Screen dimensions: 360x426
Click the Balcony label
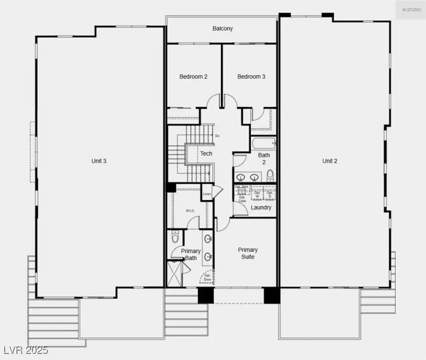tap(222, 29)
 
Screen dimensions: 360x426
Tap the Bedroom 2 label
tap(194, 77)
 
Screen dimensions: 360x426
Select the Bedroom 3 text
tap(251, 77)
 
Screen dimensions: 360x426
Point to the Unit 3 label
tap(99, 161)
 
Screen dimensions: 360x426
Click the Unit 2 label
tap(330, 161)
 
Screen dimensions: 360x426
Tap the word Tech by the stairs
tap(206, 154)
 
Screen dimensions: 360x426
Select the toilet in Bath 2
tap(270, 176)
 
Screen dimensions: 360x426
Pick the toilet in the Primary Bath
tap(175, 236)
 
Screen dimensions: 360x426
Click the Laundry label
tap(261, 208)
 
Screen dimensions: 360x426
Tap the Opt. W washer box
tap(257, 193)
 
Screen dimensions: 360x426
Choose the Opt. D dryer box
tap(270, 193)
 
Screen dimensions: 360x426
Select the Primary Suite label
tap(248, 253)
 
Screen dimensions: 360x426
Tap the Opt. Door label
tap(207, 278)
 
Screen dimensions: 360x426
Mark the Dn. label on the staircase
tap(217, 136)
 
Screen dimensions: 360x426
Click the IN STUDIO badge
tap(411, 10)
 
